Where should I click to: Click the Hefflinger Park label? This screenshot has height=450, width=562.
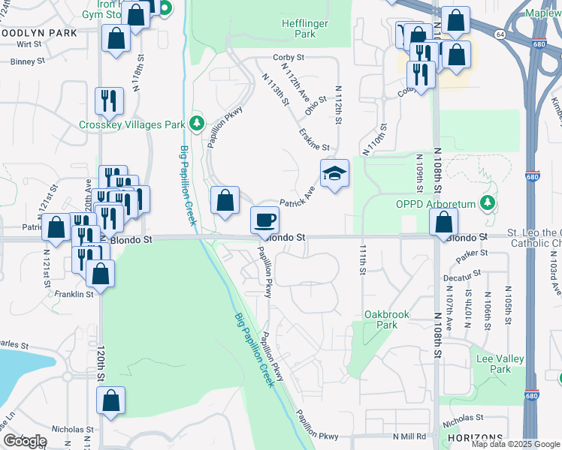tap(304, 28)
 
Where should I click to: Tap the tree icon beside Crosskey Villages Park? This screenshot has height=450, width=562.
tap(197, 122)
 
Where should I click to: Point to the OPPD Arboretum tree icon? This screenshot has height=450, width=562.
tap(488, 202)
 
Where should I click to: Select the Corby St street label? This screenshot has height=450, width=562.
tap(288, 57)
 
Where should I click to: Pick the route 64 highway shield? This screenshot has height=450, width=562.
tap(499, 34)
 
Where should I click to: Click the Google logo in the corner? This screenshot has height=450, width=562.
tap(24, 441)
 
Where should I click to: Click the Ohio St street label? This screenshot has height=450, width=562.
tap(315, 105)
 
